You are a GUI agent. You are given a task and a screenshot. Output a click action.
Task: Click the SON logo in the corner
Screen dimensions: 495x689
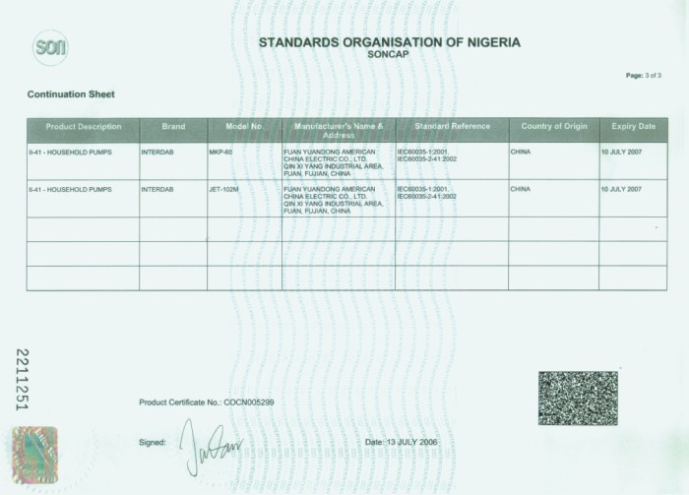click(x=49, y=46)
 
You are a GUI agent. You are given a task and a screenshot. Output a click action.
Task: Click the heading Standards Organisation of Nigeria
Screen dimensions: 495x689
click(x=389, y=42)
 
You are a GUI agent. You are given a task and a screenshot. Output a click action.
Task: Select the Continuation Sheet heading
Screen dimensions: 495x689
click(x=70, y=94)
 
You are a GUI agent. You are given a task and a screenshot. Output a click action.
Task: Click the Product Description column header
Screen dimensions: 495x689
click(x=84, y=127)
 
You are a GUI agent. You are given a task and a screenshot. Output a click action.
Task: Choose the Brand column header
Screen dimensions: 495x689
click(x=173, y=127)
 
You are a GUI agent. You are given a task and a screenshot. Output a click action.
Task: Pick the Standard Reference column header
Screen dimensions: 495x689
click(x=452, y=127)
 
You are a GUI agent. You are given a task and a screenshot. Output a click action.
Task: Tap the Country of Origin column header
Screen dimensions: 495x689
click(x=554, y=127)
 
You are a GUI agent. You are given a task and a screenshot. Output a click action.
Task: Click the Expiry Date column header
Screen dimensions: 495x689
click(x=633, y=127)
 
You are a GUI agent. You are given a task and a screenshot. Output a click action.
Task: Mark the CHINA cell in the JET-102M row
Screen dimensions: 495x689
click(x=521, y=189)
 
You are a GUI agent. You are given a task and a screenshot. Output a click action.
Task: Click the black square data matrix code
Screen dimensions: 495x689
click(x=578, y=398)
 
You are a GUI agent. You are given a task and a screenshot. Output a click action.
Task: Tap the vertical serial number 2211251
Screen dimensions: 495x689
click(x=23, y=380)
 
